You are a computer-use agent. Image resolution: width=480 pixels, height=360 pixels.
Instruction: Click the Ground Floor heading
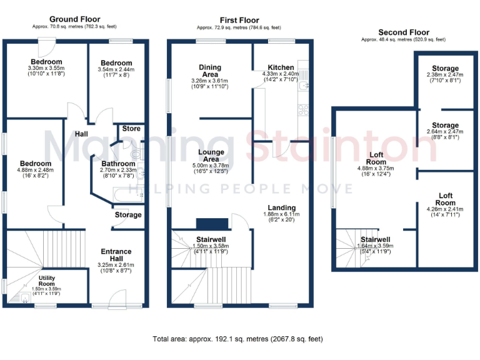[74, 20]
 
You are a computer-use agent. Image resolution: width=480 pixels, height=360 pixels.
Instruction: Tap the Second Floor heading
[403, 32]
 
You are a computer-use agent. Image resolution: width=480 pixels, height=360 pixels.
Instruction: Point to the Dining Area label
[211, 71]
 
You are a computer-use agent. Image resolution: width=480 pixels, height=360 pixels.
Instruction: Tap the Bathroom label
[118, 164]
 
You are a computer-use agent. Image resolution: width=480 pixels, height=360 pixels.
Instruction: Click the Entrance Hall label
[116, 255]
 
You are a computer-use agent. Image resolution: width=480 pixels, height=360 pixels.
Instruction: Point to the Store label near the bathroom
[131, 129]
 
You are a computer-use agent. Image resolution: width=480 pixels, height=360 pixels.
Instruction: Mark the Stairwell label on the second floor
[376, 239]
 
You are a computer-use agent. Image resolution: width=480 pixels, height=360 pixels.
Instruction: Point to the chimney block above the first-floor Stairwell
[204, 224]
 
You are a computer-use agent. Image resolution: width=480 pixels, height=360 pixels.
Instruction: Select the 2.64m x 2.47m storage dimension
[444, 132]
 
